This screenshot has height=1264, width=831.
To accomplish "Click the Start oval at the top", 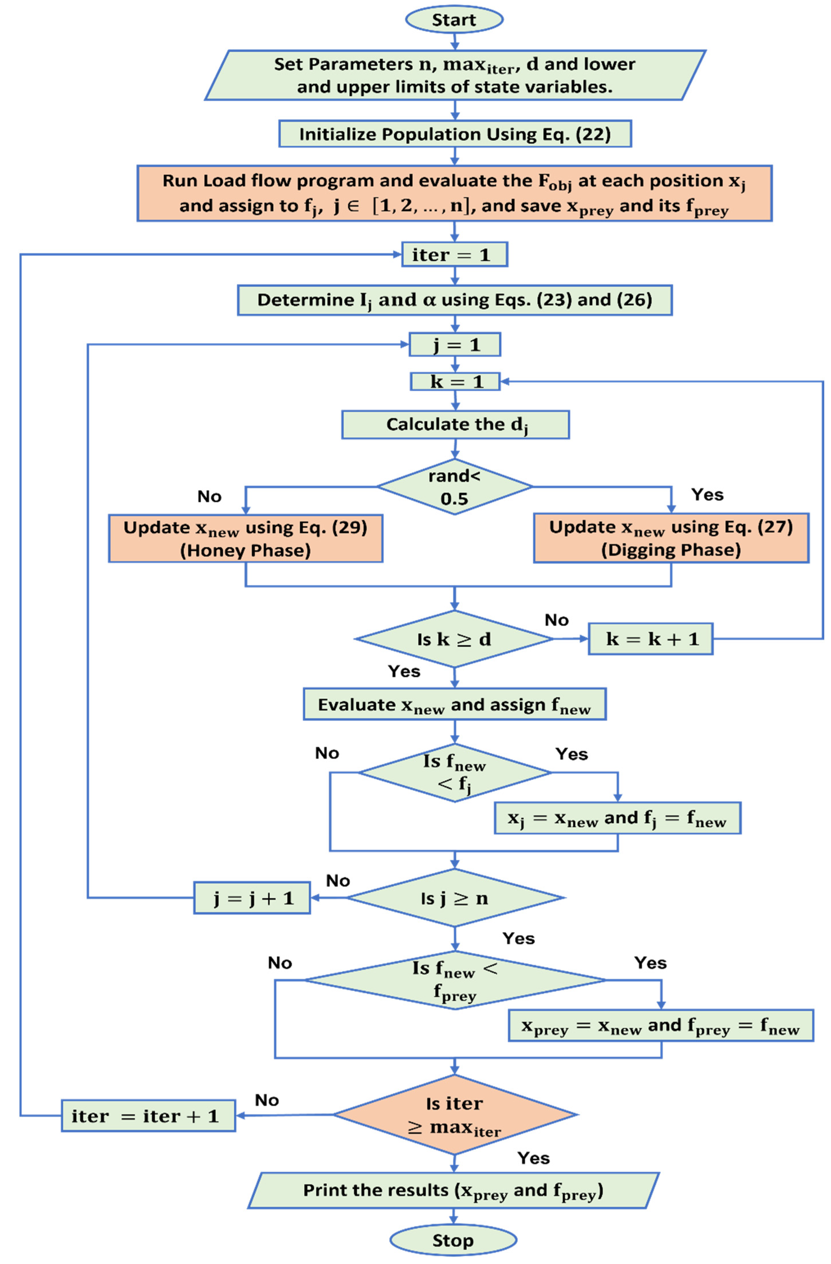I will (x=454, y=20).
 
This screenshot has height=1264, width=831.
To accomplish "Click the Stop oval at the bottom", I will (x=453, y=1240).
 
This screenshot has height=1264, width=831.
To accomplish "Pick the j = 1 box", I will (x=454, y=345).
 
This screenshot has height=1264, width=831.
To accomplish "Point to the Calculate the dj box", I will (x=455, y=424).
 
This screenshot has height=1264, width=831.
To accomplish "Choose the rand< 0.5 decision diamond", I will (x=454, y=486).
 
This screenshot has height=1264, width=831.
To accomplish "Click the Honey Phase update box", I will (x=245, y=538).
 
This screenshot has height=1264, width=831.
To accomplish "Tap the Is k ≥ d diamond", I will (x=454, y=639).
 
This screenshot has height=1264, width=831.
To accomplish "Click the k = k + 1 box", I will (x=651, y=639).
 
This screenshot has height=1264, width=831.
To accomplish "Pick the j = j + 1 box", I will (x=252, y=898).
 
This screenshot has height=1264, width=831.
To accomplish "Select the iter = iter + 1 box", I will (x=148, y=1116).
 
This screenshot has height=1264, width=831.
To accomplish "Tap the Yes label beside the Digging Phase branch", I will (x=707, y=494).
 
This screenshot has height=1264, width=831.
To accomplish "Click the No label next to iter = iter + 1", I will (x=267, y=1100).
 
